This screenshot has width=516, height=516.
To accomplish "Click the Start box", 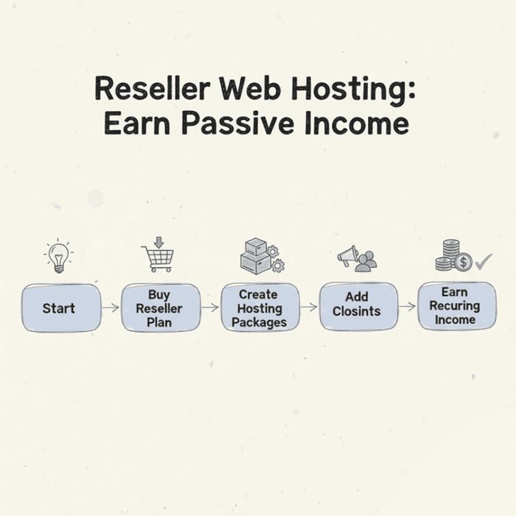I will click(61, 308).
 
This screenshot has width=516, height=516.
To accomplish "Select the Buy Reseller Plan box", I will click(160, 308).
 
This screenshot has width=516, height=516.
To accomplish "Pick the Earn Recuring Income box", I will click(456, 306).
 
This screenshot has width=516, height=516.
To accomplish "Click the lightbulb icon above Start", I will click(59, 256).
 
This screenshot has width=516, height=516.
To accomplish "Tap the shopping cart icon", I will click(158, 256).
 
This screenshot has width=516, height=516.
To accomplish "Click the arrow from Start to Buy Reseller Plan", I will click(110, 308).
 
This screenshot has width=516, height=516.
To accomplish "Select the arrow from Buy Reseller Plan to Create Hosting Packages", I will click(210, 308).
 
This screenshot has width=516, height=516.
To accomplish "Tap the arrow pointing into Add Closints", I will click(309, 306).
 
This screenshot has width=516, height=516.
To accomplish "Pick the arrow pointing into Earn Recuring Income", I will click(408, 306).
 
